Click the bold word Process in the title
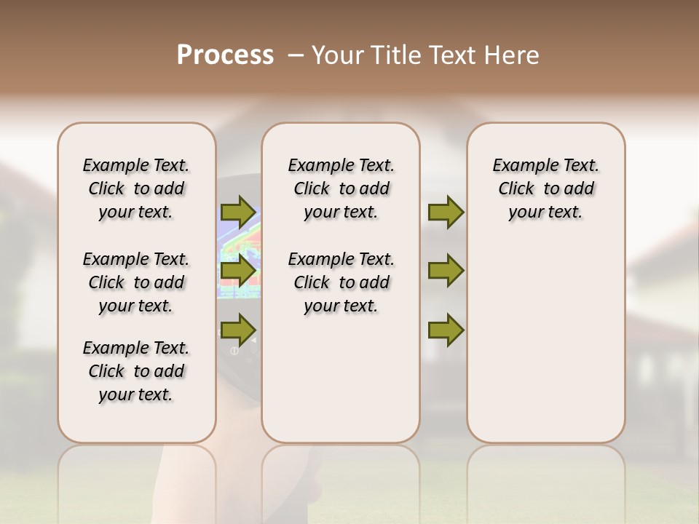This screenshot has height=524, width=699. coord(225,55)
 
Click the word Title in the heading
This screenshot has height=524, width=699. coord(394,55)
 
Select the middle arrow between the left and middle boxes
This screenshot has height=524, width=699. coord(237,271)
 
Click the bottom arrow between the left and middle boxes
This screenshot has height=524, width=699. coord(237,330)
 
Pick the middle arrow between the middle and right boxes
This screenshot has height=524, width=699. coord(446,271)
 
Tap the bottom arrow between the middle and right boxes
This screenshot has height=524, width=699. coord(446,330)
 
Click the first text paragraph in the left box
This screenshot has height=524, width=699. coord(136,188)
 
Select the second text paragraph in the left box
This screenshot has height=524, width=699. coord(136,282)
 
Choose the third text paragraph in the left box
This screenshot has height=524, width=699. coord(136,371)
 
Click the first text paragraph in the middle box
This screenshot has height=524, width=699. coord(341,188)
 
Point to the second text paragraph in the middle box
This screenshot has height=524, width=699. coord(341,282)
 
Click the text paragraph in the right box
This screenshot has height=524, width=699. coord(546,188)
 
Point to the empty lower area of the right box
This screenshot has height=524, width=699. coord(546,342)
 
